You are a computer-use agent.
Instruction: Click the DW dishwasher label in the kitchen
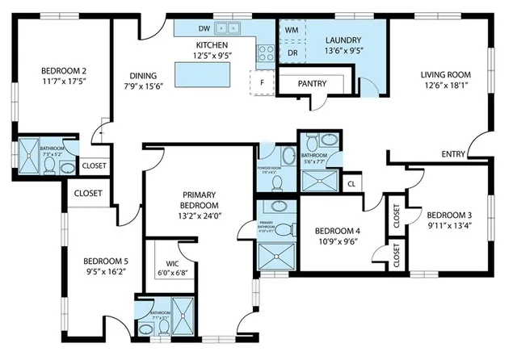204,28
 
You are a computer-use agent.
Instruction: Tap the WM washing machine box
291,29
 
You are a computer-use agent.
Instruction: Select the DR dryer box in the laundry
291,52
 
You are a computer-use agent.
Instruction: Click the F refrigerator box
261,82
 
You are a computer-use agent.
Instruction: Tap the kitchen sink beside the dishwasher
225,28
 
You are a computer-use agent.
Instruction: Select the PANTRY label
312,83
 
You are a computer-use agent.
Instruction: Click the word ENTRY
453,154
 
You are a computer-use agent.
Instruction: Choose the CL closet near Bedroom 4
351,183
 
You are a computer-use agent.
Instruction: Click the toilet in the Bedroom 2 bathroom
49,166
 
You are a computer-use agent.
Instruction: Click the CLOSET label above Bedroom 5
88,193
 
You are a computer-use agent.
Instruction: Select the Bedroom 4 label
336,230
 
